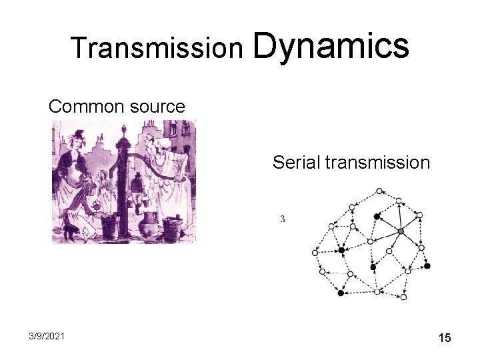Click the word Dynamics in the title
(331, 45)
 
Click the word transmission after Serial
(380, 162)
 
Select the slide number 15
(445, 339)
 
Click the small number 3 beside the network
(283, 219)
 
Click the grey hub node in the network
(400, 231)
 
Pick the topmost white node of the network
(379, 191)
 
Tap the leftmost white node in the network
(315, 253)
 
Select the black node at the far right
(427, 266)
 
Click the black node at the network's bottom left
(341, 293)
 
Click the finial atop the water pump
(121, 128)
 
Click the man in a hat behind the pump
(138, 187)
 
